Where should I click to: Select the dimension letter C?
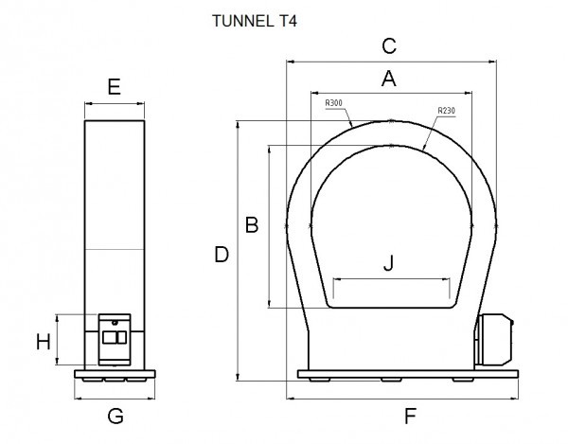pyautogui.click(x=388, y=46)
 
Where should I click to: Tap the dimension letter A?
pyautogui.click(x=388, y=80)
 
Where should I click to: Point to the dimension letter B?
pyautogui.click(x=252, y=225)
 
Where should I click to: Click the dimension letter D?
pyautogui.click(x=222, y=255)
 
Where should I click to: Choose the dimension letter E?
pyautogui.click(x=114, y=88)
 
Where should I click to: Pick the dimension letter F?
pyautogui.click(x=410, y=416)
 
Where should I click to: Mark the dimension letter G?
pyautogui.click(x=115, y=416)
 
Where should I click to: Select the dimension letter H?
pyautogui.click(x=43, y=342)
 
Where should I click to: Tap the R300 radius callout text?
pyautogui.click(x=334, y=102)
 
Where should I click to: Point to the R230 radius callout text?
pyautogui.click(x=446, y=112)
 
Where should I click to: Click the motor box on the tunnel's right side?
pyautogui.click(x=494, y=342)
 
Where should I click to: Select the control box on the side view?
pyautogui.click(x=115, y=338)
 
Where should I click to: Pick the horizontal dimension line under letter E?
pyautogui.click(x=114, y=103)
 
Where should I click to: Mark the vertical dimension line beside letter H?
pyautogui.click(x=59, y=339)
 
